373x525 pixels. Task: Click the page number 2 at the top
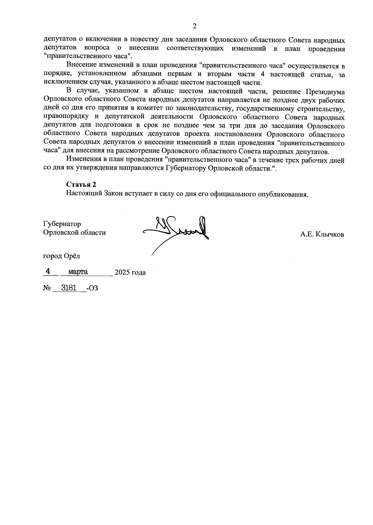click(x=195, y=26)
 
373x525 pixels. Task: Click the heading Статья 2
click(x=81, y=184)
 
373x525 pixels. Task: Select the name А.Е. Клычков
click(x=322, y=235)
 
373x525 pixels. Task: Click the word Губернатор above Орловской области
click(x=62, y=224)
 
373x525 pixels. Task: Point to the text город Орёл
click(x=61, y=256)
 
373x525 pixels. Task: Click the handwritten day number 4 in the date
click(x=48, y=271)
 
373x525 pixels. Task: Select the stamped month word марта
click(x=78, y=272)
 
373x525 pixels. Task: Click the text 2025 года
click(x=130, y=273)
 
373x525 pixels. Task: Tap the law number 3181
click(x=69, y=288)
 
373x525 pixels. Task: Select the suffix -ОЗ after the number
click(x=92, y=288)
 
